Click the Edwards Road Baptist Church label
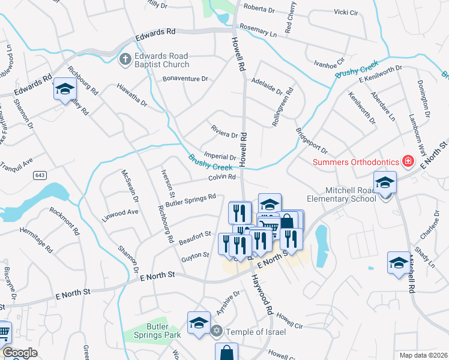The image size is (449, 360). [161, 60]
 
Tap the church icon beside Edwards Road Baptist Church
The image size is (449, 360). [125, 59]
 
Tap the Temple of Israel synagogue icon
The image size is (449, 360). [217, 331]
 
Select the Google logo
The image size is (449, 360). [20, 353]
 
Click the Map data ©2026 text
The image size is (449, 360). [423, 355]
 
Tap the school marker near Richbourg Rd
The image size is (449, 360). [65, 89]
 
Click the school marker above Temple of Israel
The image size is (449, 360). [199, 323]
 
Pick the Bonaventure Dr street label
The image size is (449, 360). [185, 79]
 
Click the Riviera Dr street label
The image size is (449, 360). [225, 132]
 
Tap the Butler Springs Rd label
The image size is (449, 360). [191, 200]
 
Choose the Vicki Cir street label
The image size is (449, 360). [346, 11]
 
